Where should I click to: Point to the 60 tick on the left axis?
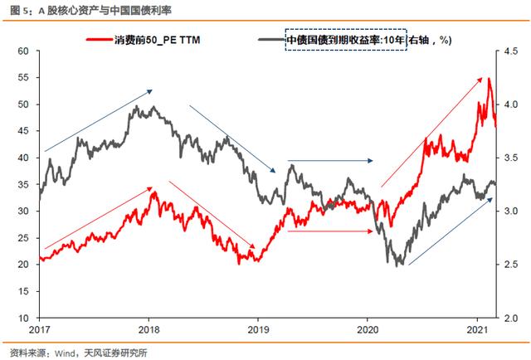click(x=22, y=51)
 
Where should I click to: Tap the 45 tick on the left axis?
click(x=22, y=131)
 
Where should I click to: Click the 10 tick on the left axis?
click(x=22, y=318)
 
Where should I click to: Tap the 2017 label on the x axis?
click(x=40, y=330)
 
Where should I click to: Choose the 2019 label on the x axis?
click(x=258, y=330)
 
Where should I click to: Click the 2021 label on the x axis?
click(x=477, y=330)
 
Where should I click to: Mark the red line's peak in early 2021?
click(x=490, y=79)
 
